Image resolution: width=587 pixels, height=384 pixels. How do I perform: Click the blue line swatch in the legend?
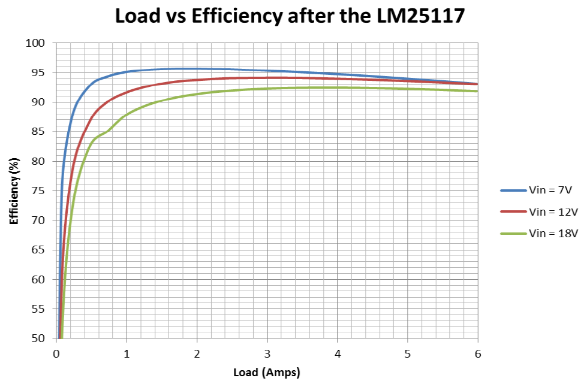[x=513, y=190]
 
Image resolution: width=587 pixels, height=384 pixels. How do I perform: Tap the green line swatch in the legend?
[x=513, y=234]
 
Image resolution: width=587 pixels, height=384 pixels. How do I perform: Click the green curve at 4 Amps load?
[x=338, y=87]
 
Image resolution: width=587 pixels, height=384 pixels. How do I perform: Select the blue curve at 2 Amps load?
[x=197, y=69]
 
